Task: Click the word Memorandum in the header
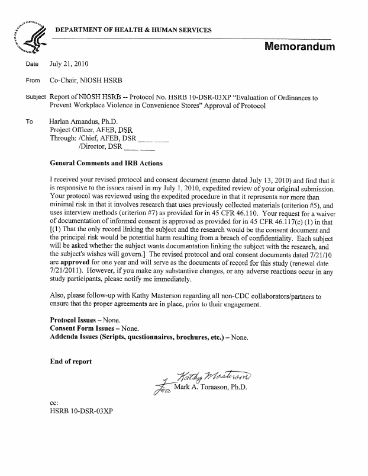click(x=299, y=46)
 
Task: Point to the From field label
click(x=33, y=80)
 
